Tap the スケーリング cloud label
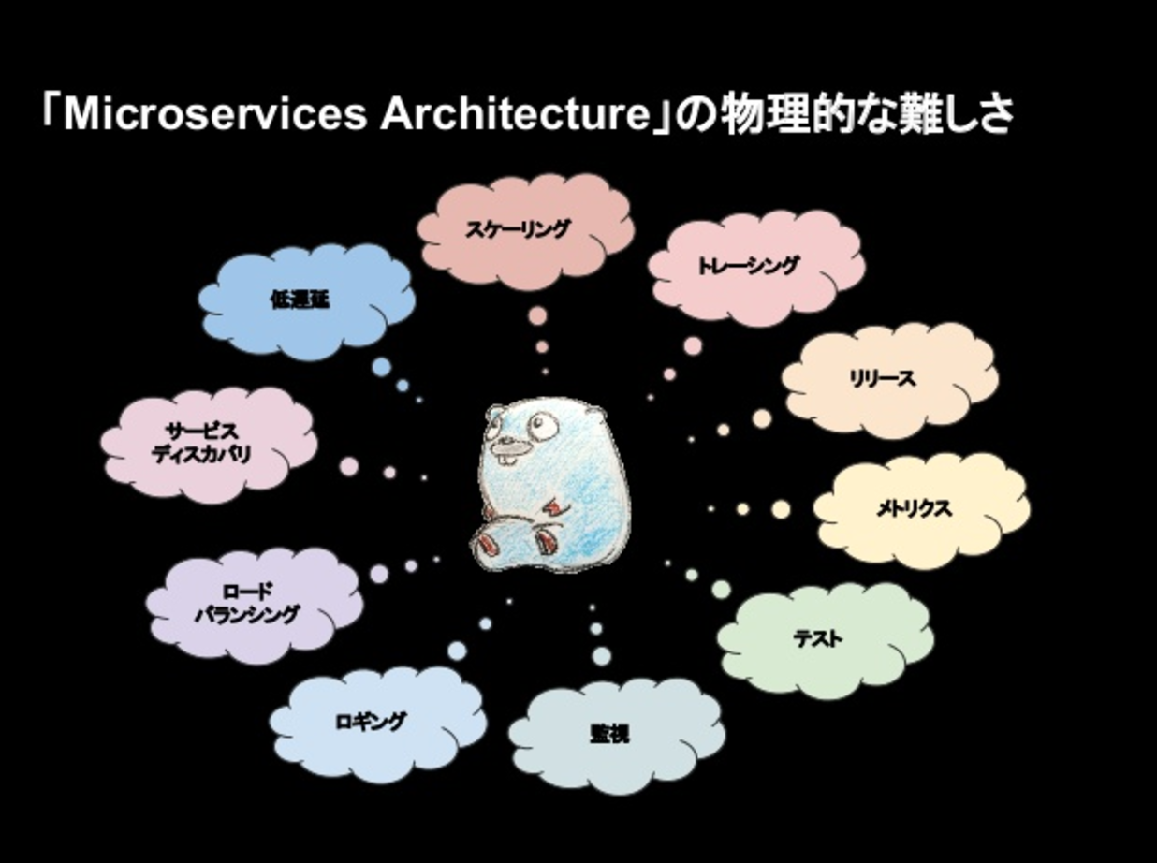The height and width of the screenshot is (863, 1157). (x=518, y=228)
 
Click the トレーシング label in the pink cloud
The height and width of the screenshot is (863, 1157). (x=748, y=266)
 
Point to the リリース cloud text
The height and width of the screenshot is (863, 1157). (x=882, y=379)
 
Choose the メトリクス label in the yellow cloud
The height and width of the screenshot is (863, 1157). (x=914, y=508)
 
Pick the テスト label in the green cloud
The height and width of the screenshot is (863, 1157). (x=817, y=639)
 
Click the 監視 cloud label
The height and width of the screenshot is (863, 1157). (x=609, y=734)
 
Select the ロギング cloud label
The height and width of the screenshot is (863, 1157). (x=371, y=722)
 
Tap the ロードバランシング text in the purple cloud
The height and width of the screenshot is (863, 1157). (x=247, y=604)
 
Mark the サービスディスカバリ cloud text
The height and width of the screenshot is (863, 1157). (x=202, y=443)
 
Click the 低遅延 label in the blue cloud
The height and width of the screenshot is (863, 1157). (x=300, y=301)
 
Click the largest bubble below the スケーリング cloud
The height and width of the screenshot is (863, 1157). (x=536, y=315)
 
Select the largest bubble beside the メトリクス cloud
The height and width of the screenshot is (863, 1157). (x=781, y=509)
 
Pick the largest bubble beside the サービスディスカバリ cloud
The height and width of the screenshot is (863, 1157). (x=348, y=466)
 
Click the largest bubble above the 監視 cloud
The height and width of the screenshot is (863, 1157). (x=601, y=657)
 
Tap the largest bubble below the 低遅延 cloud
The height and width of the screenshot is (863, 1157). (x=380, y=367)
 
